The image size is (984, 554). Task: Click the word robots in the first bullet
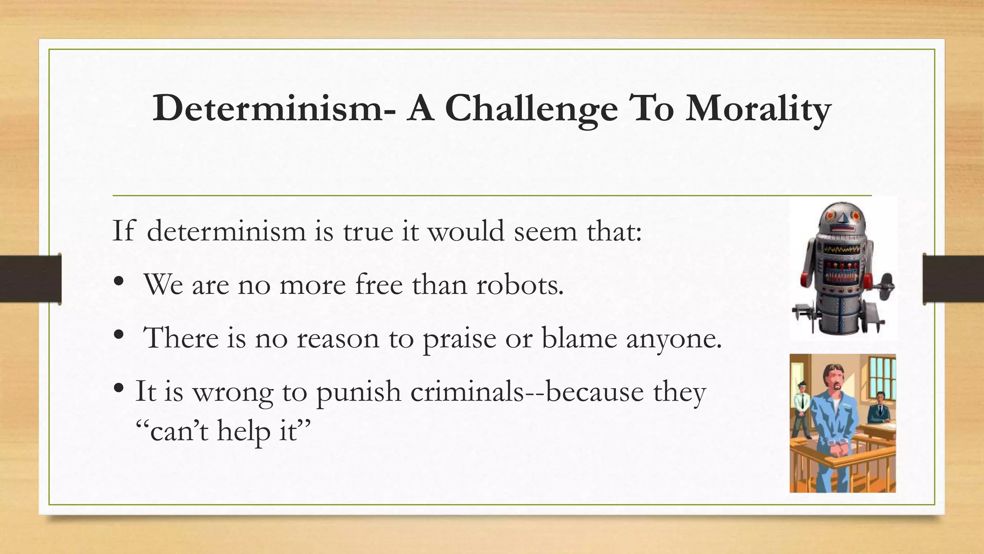pos(520,285)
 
